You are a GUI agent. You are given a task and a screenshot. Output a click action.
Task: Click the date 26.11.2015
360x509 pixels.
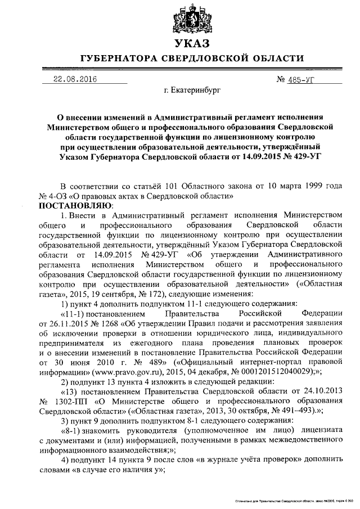[65, 323]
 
